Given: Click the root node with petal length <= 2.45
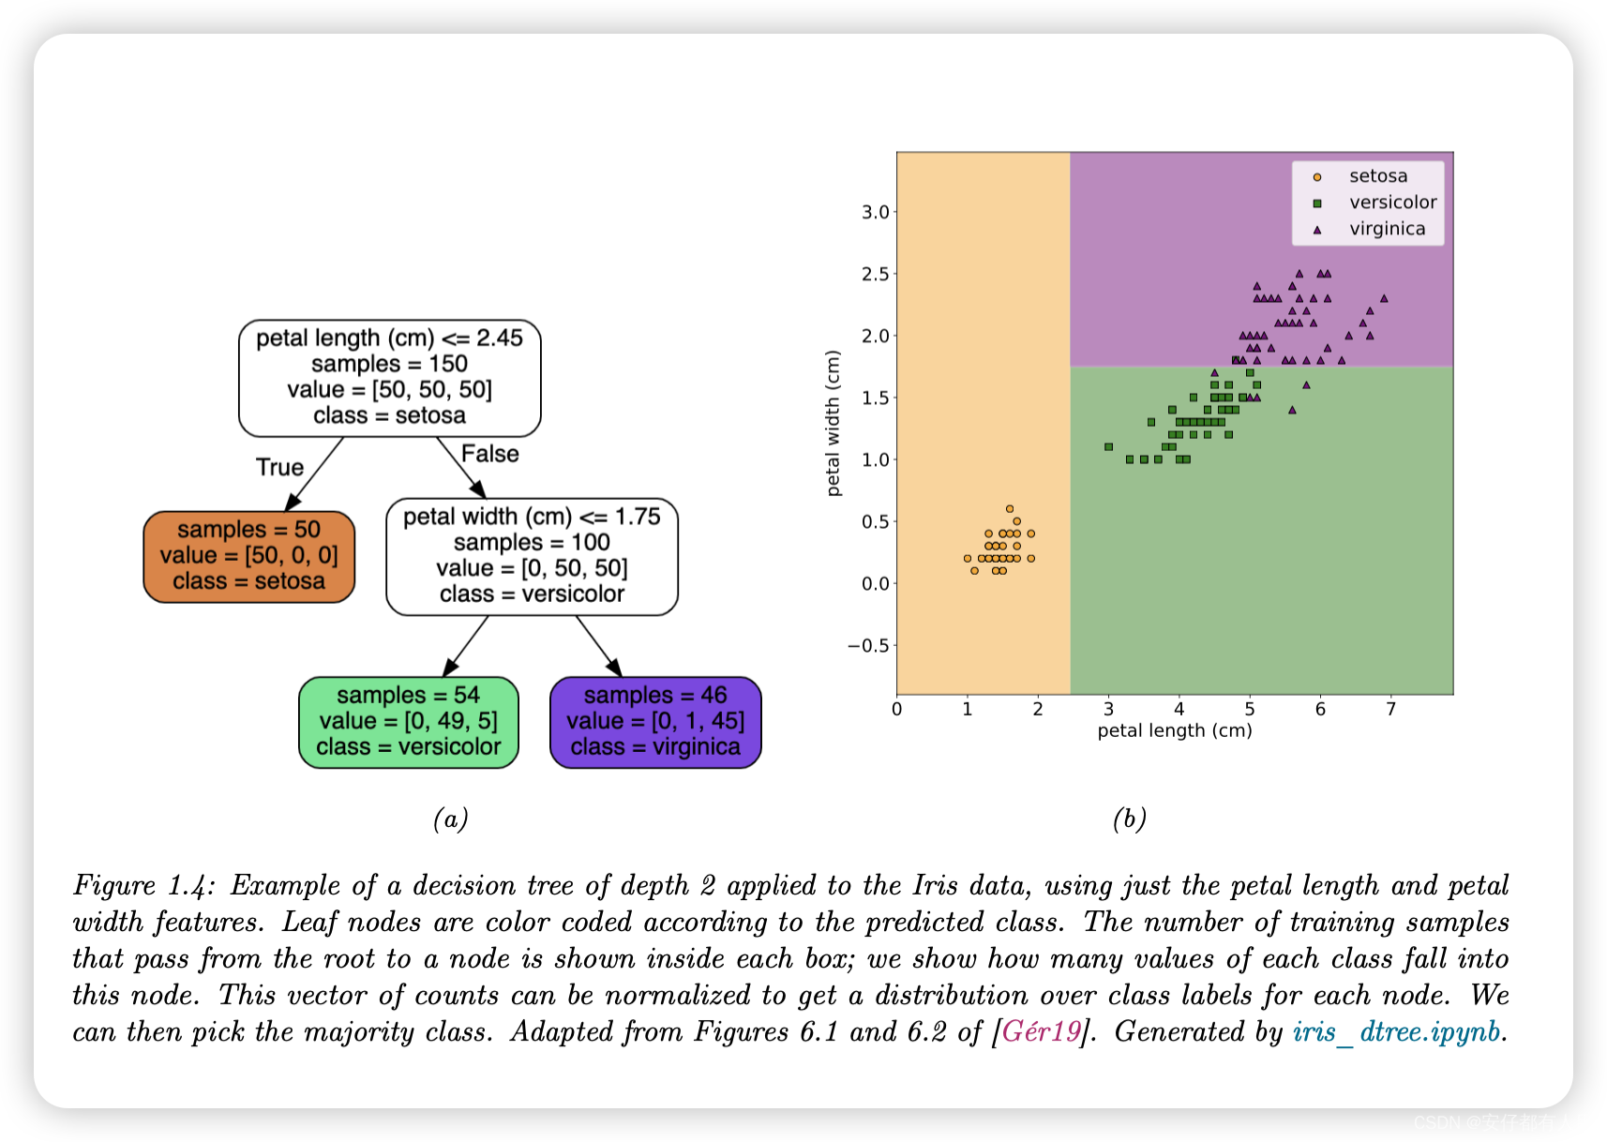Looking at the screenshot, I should [389, 377].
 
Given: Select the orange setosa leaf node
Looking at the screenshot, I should [248, 556].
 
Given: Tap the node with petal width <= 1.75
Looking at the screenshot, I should [532, 556].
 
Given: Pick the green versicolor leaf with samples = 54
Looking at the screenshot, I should [408, 722].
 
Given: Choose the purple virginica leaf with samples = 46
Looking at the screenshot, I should [655, 722].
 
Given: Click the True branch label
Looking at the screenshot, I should [279, 467].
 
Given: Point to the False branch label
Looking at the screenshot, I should [489, 454].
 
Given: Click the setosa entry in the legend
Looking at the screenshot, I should [1377, 176].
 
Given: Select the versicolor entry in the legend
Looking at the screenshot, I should [1392, 203].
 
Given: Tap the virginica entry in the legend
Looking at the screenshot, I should [1387, 229].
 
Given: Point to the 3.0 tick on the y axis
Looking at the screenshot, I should [876, 212].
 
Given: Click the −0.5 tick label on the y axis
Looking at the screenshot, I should [867, 645].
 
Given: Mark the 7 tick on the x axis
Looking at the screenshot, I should [1390, 710].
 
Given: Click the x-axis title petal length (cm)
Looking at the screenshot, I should [1174, 731].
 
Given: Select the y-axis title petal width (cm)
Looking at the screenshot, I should [834, 422].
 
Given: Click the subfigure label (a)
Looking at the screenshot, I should [450, 819].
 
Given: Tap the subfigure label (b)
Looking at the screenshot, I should [1129, 819].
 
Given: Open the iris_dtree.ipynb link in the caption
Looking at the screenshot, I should [1396, 1031].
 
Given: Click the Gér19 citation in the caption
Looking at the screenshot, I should [1041, 1031].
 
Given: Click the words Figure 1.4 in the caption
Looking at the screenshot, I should [143, 885].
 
